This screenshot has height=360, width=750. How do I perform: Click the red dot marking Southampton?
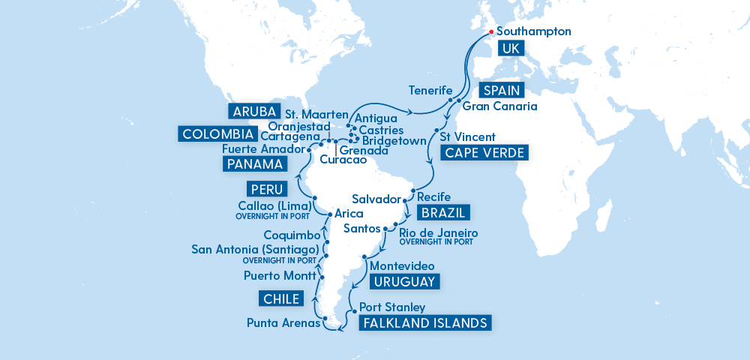pyautogui.click(x=490, y=32)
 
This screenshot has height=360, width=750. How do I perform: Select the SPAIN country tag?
pyautogui.click(x=500, y=90)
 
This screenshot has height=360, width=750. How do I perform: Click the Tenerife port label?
pyautogui.click(x=430, y=90)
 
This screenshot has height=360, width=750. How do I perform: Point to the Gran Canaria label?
pyautogui.click(x=500, y=106)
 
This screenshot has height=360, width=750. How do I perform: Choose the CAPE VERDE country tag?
pyautogui.click(x=485, y=154)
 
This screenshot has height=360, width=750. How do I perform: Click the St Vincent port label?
pyautogui.click(x=467, y=137)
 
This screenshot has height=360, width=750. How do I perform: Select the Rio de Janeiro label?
pyautogui.click(x=439, y=233)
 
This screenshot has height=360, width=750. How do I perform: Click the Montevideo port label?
pyautogui.click(x=403, y=266)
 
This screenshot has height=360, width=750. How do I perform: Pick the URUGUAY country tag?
pyautogui.click(x=403, y=282)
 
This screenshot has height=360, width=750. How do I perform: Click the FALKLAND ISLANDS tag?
pyautogui.click(x=425, y=323)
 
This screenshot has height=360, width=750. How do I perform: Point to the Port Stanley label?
pyautogui.click(x=392, y=307)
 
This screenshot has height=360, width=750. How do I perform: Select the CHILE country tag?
pyautogui.click(x=281, y=300)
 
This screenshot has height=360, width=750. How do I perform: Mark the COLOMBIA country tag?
pyautogui.click(x=216, y=135)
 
